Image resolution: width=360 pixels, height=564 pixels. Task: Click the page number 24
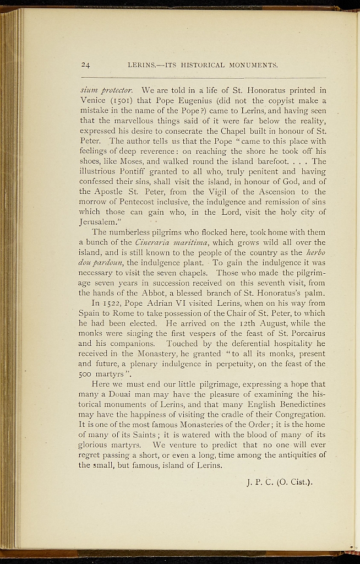click(x=85, y=65)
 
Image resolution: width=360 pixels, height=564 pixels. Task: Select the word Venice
click(x=92, y=100)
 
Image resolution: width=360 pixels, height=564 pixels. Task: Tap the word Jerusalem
click(x=100, y=222)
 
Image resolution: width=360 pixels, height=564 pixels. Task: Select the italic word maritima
click(x=195, y=242)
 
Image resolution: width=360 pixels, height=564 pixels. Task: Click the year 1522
click(x=113, y=303)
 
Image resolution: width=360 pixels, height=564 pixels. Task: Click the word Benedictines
click(x=296, y=404)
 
